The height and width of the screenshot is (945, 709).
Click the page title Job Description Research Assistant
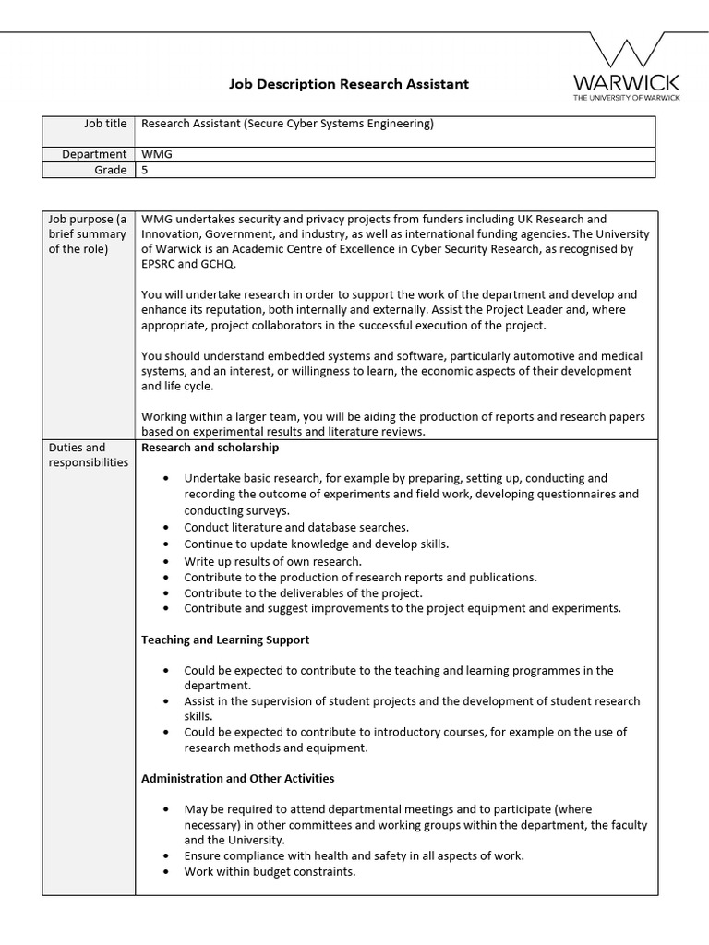[x=349, y=84]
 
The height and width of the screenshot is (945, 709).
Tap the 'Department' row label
[x=94, y=154]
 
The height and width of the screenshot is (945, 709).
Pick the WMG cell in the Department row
[x=157, y=154]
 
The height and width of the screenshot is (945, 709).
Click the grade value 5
[x=144, y=170]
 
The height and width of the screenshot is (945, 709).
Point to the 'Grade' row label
[x=110, y=170]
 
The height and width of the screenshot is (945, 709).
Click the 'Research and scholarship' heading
[x=210, y=448]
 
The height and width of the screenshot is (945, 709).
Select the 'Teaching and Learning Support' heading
[x=225, y=640]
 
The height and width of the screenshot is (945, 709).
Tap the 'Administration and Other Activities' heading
[x=237, y=778]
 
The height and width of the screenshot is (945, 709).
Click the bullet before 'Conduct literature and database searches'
[x=165, y=528]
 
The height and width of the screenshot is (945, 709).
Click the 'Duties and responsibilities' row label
[x=88, y=455]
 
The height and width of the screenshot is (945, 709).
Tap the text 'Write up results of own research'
[x=272, y=560]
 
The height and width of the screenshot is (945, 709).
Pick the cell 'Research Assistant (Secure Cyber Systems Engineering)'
[x=287, y=124]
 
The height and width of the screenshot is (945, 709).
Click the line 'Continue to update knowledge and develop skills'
[x=316, y=544]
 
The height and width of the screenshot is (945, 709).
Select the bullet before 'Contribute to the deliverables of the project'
[x=165, y=593]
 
